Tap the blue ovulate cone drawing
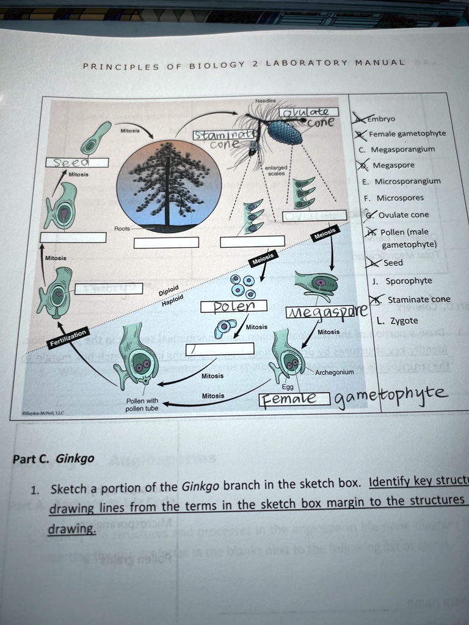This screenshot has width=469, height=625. click(285, 132)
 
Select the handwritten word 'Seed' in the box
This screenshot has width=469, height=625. click(76, 162)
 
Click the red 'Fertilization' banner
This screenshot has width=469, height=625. click(68, 337)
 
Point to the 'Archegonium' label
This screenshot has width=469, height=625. click(334, 372)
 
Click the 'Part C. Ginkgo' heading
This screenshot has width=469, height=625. click(54, 458)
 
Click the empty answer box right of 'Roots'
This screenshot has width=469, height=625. click(166, 242)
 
